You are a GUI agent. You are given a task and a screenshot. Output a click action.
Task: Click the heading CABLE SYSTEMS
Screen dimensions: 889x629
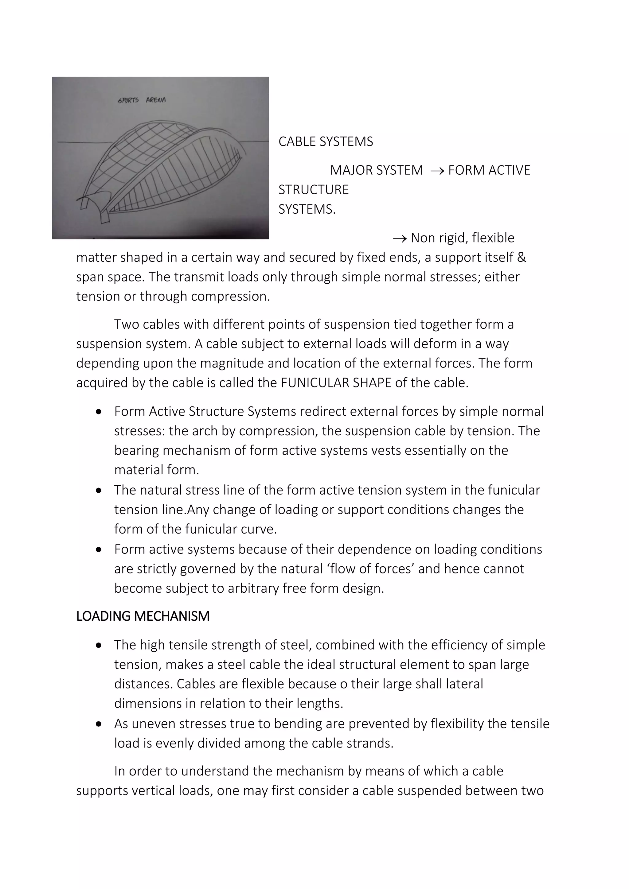[x=325, y=142]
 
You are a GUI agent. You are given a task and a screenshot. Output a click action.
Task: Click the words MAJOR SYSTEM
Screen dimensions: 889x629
[x=376, y=170]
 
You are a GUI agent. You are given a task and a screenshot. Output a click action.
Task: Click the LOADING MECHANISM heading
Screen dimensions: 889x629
[x=143, y=616]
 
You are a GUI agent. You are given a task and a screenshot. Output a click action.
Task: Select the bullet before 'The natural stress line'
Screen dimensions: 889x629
[x=99, y=491]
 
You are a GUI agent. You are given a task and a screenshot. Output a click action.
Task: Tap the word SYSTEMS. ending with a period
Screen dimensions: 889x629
[x=307, y=209]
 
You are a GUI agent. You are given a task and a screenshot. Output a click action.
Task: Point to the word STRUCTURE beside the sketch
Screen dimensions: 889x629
[x=313, y=190]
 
